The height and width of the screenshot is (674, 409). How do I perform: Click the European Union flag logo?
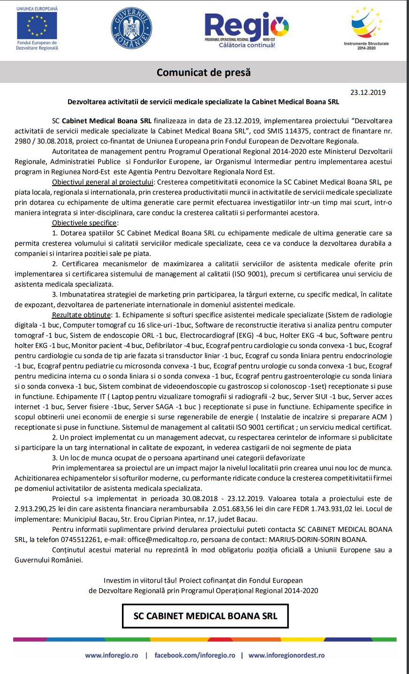coord(37,26)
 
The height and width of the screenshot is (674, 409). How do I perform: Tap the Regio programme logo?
coord(246,29)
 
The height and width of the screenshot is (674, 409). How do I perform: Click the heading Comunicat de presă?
coord(204,73)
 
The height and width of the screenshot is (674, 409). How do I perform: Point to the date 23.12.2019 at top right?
coord(368,92)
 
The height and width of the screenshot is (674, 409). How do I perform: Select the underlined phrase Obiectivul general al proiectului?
coord(103,182)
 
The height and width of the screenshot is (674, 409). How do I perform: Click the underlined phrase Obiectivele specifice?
coord(84,223)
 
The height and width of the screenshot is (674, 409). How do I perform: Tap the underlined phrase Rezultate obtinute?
coord(82,315)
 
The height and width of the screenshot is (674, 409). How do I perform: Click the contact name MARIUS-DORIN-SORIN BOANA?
coord(318,539)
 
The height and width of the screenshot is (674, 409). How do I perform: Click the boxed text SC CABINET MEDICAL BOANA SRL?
coord(205,616)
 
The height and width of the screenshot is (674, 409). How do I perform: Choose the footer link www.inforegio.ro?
coord(112,655)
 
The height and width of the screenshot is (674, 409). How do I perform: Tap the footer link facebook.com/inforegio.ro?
coord(195,655)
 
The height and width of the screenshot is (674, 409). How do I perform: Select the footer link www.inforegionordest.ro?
coord(287,655)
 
